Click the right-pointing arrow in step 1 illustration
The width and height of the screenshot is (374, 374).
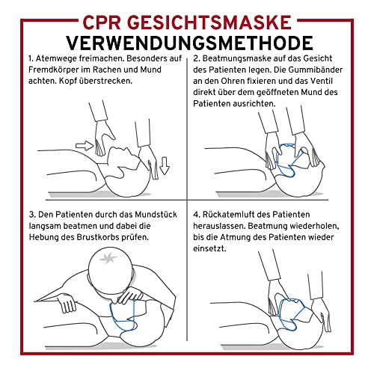85,143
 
